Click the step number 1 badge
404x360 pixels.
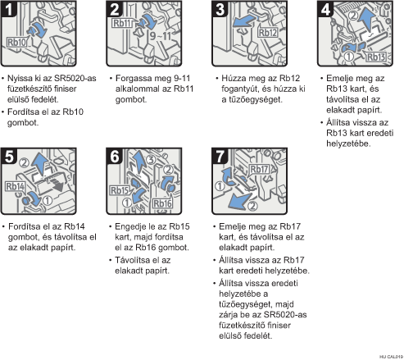pyautogui.click(x=9, y=9)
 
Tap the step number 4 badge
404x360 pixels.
pyautogui.click(x=325, y=9)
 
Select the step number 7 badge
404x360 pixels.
pyautogui.click(x=220, y=157)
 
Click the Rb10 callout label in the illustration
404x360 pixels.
pyautogui.click(x=17, y=43)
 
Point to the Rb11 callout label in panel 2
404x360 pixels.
pyautogui.click(x=122, y=23)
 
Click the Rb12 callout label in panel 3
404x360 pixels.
pyautogui.click(x=268, y=33)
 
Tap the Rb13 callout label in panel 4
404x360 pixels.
pyautogui.click(x=376, y=57)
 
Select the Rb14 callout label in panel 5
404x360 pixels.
pyautogui.click(x=16, y=186)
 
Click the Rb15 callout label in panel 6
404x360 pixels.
pyautogui.click(x=119, y=190)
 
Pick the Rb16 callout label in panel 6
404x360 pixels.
pyautogui.click(x=162, y=203)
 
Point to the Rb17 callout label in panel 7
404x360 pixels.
pyautogui.click(x=259, y=169)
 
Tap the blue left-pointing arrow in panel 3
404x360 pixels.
pyautogui.click(x=244, y=21)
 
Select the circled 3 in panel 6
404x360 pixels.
pyautogui.click(x=151, y=159)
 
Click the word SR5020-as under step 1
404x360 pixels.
pyautogui.click(x=75, y=79)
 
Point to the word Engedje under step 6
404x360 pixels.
pyautogui.click(x=130, y=227)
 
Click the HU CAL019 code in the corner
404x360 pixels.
pyautogui.click(x=391, y=357)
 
